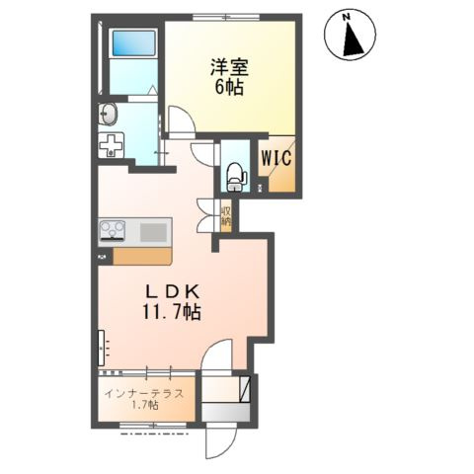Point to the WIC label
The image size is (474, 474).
[x=276, y=157]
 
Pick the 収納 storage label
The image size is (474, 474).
[x=226, y=213]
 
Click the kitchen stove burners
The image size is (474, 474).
[x=111, y=233]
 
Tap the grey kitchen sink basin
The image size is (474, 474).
[x=154, y=233]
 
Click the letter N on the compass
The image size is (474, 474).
[x=346, y=17]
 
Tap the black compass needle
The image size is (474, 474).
[x=349, y=40]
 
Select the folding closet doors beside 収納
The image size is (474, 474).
[x=207, y=213]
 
